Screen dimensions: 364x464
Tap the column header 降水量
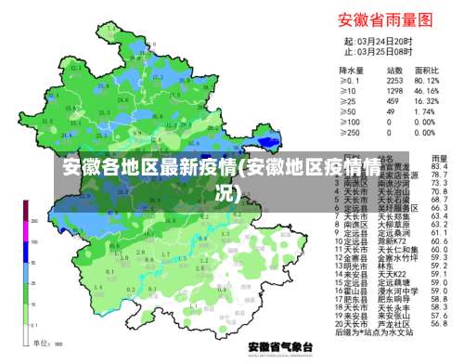(351, 70)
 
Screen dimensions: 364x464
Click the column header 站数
(393, 70)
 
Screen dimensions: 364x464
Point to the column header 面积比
(427, 70)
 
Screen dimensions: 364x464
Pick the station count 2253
(394, 81)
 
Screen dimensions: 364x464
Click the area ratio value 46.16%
(428, 91)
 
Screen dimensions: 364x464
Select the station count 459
(394, 101)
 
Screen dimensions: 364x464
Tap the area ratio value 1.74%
(428, 111)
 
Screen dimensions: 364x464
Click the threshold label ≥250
(349, 132)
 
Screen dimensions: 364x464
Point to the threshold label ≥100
(349, 122)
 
